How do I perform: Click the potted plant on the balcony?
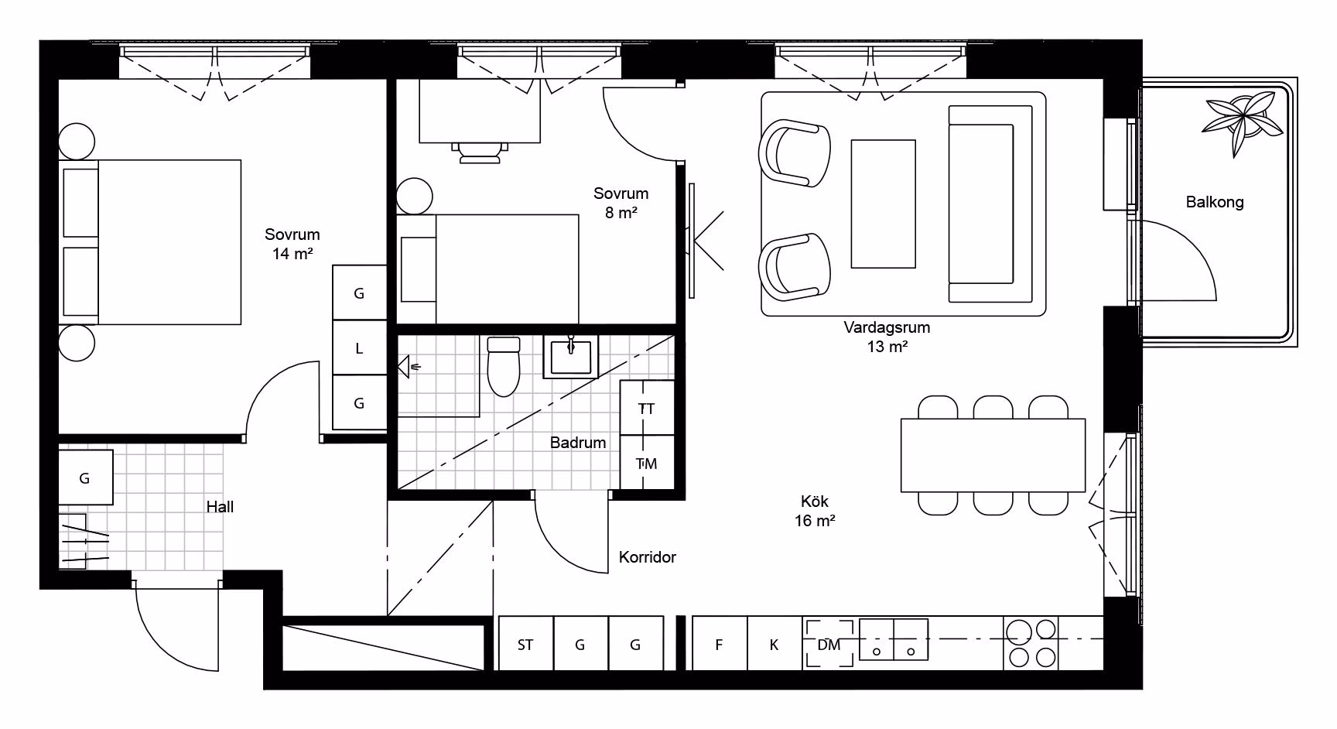1240,121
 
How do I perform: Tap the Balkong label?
1215,202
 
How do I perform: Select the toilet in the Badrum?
504,365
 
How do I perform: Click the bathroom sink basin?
571,357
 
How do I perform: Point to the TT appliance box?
647,408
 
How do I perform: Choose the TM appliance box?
647,463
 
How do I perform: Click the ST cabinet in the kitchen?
526,643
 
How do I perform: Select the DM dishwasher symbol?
829,643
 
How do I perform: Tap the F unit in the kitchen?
719,643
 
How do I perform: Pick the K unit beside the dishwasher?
775,643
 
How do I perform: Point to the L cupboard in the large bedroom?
359,348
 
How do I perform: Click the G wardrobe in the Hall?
85,477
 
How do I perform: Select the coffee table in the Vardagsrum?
883,204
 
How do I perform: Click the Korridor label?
648,557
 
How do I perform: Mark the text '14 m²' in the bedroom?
292,253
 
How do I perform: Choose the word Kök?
815,501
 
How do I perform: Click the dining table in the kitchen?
993,455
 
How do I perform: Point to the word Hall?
220,507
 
